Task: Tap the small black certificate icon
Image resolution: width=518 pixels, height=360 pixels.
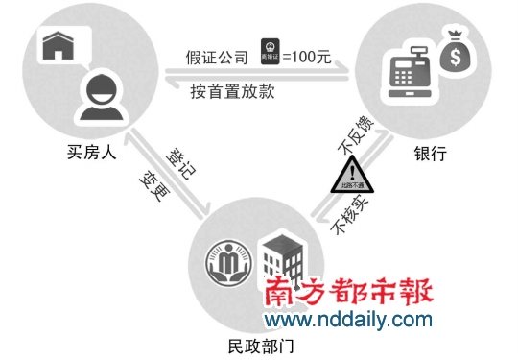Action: coord(270,54)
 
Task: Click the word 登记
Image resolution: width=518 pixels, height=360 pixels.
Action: coord(177,162)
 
